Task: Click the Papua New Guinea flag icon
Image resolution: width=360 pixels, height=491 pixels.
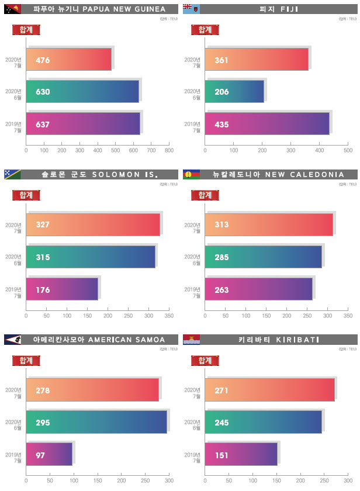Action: coord(12,9)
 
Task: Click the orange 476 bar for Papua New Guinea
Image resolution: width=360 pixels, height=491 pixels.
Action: coord(68,60)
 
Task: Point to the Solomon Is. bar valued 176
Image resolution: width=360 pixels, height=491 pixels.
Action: coord(62,289)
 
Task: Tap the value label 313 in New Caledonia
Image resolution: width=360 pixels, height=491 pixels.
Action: coord(221,224)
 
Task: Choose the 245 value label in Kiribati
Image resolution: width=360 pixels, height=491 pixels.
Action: coord(221,422)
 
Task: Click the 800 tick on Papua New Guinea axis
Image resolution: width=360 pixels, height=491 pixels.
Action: coord(169,151)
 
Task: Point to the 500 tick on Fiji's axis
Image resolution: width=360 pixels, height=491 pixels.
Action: coord(348,151)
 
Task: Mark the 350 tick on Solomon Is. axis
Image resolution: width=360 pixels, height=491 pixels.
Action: coord(169,316)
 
